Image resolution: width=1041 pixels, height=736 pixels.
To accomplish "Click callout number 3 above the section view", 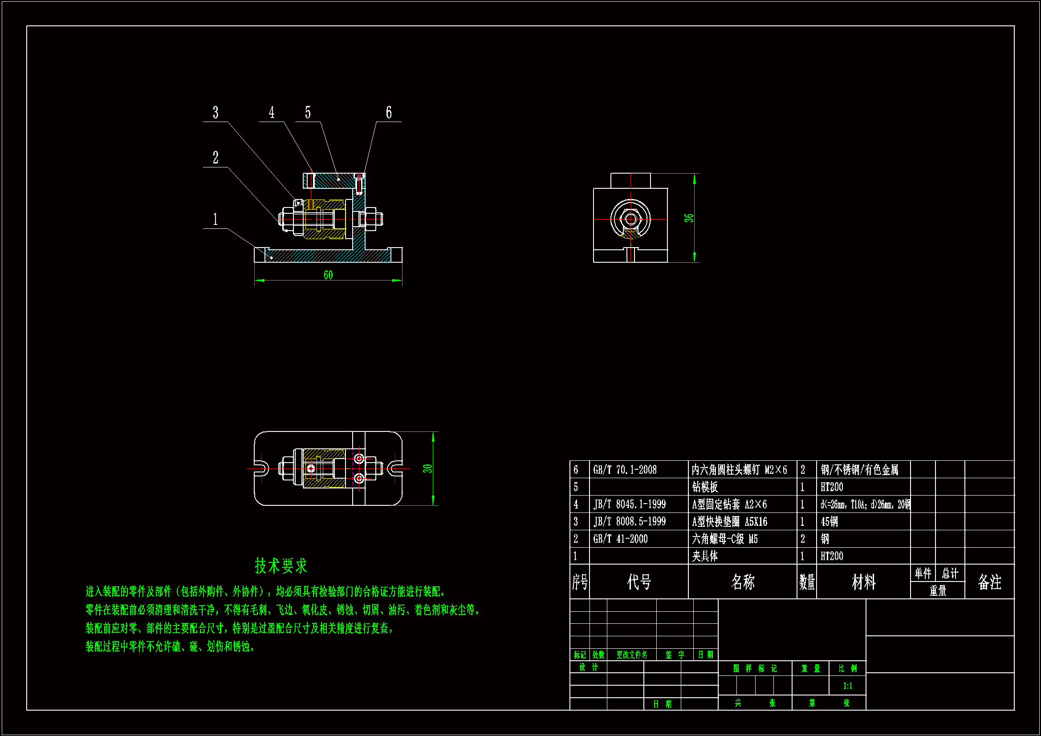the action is point(216,113).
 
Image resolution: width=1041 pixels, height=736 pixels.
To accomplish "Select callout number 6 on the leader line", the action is point(389,113).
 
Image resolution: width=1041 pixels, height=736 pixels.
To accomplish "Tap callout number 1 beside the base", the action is point(216,220).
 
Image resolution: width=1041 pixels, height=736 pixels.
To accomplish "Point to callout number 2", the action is point(216,158).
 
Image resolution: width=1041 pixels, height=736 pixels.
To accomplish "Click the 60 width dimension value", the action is point(328,275).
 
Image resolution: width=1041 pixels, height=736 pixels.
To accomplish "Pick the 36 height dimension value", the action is point(689,218).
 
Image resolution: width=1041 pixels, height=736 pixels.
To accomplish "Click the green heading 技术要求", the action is point(281,565).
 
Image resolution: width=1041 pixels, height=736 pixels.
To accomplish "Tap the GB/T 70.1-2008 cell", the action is point(625,470).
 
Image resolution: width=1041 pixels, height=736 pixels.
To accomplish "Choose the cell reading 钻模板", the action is point(704,487).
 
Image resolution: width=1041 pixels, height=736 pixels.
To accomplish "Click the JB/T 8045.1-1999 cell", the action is point(629,504).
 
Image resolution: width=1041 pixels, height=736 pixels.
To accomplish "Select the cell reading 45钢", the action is point(829,521).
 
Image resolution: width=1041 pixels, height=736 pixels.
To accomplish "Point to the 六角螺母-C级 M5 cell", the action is point(724,539).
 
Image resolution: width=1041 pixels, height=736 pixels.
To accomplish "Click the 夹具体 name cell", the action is point(704,556).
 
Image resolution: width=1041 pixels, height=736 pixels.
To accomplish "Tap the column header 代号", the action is point(639,582).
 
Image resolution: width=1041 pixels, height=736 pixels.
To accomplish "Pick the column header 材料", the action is point(863,582).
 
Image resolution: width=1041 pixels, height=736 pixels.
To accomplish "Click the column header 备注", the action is point(989,582).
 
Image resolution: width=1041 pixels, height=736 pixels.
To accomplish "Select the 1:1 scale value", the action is point(847,686).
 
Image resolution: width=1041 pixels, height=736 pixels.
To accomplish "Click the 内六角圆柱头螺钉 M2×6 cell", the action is point(739,470).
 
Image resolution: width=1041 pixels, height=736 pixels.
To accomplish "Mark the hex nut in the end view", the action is point(630,219).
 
